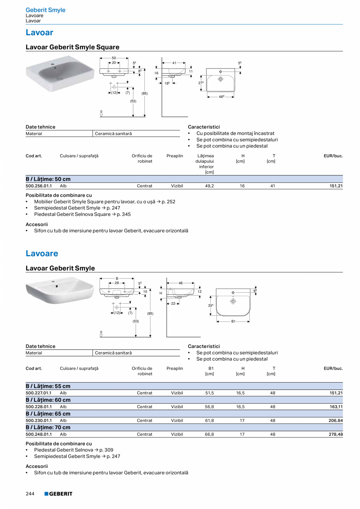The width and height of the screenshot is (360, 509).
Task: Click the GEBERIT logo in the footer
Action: (58, 494)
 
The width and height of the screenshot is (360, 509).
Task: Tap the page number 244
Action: (30, 494)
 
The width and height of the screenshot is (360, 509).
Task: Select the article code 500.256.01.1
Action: (39, 186)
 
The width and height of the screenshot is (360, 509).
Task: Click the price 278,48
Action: (336, 434)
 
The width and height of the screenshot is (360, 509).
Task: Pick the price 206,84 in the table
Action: (336, 421)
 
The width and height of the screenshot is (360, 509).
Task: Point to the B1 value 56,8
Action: (209, 407)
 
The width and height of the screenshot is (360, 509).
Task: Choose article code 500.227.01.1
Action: (39, 393)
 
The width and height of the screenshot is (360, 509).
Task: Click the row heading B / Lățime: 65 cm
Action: (48, 414)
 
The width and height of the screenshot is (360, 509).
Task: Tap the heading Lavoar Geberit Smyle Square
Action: (72, 47)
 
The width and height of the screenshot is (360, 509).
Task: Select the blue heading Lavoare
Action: (42, 254)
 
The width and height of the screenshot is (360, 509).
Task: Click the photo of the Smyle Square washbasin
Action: (60, 73)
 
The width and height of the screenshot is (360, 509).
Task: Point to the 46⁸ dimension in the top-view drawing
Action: (221, 97)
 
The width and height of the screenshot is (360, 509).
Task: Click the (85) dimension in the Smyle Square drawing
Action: (144, 94)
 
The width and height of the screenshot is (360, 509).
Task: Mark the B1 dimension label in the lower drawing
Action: (233, 321)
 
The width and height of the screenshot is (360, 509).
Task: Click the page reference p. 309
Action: (106, 450)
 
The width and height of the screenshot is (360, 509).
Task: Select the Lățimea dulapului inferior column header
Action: (205, 164)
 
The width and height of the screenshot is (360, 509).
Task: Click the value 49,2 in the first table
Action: (209, 186)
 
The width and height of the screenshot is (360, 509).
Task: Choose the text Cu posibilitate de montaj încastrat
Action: (235, 133)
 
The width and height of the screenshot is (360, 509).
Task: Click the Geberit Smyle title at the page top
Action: (45, 10)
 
